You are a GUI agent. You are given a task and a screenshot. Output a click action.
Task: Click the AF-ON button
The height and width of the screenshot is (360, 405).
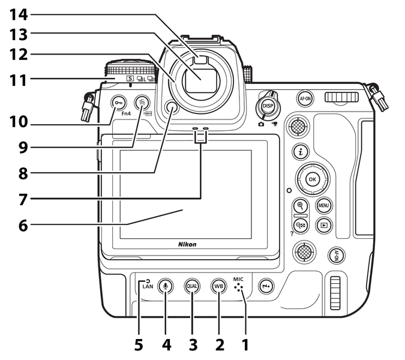pos(304,98)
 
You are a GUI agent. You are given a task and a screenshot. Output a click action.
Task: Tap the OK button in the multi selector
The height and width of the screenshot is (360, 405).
pos(312,178)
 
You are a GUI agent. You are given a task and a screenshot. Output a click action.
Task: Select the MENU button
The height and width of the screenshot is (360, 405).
pos(324,206)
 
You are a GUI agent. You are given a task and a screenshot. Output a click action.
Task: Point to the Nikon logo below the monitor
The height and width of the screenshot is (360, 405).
pos(187,245)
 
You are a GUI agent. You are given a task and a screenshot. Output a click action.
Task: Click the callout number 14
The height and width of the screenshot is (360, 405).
pos(18,12)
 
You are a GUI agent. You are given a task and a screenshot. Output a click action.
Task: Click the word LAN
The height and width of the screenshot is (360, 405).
pos(148,287)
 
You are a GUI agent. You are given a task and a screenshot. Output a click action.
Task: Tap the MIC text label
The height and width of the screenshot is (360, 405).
pos(239,280)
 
